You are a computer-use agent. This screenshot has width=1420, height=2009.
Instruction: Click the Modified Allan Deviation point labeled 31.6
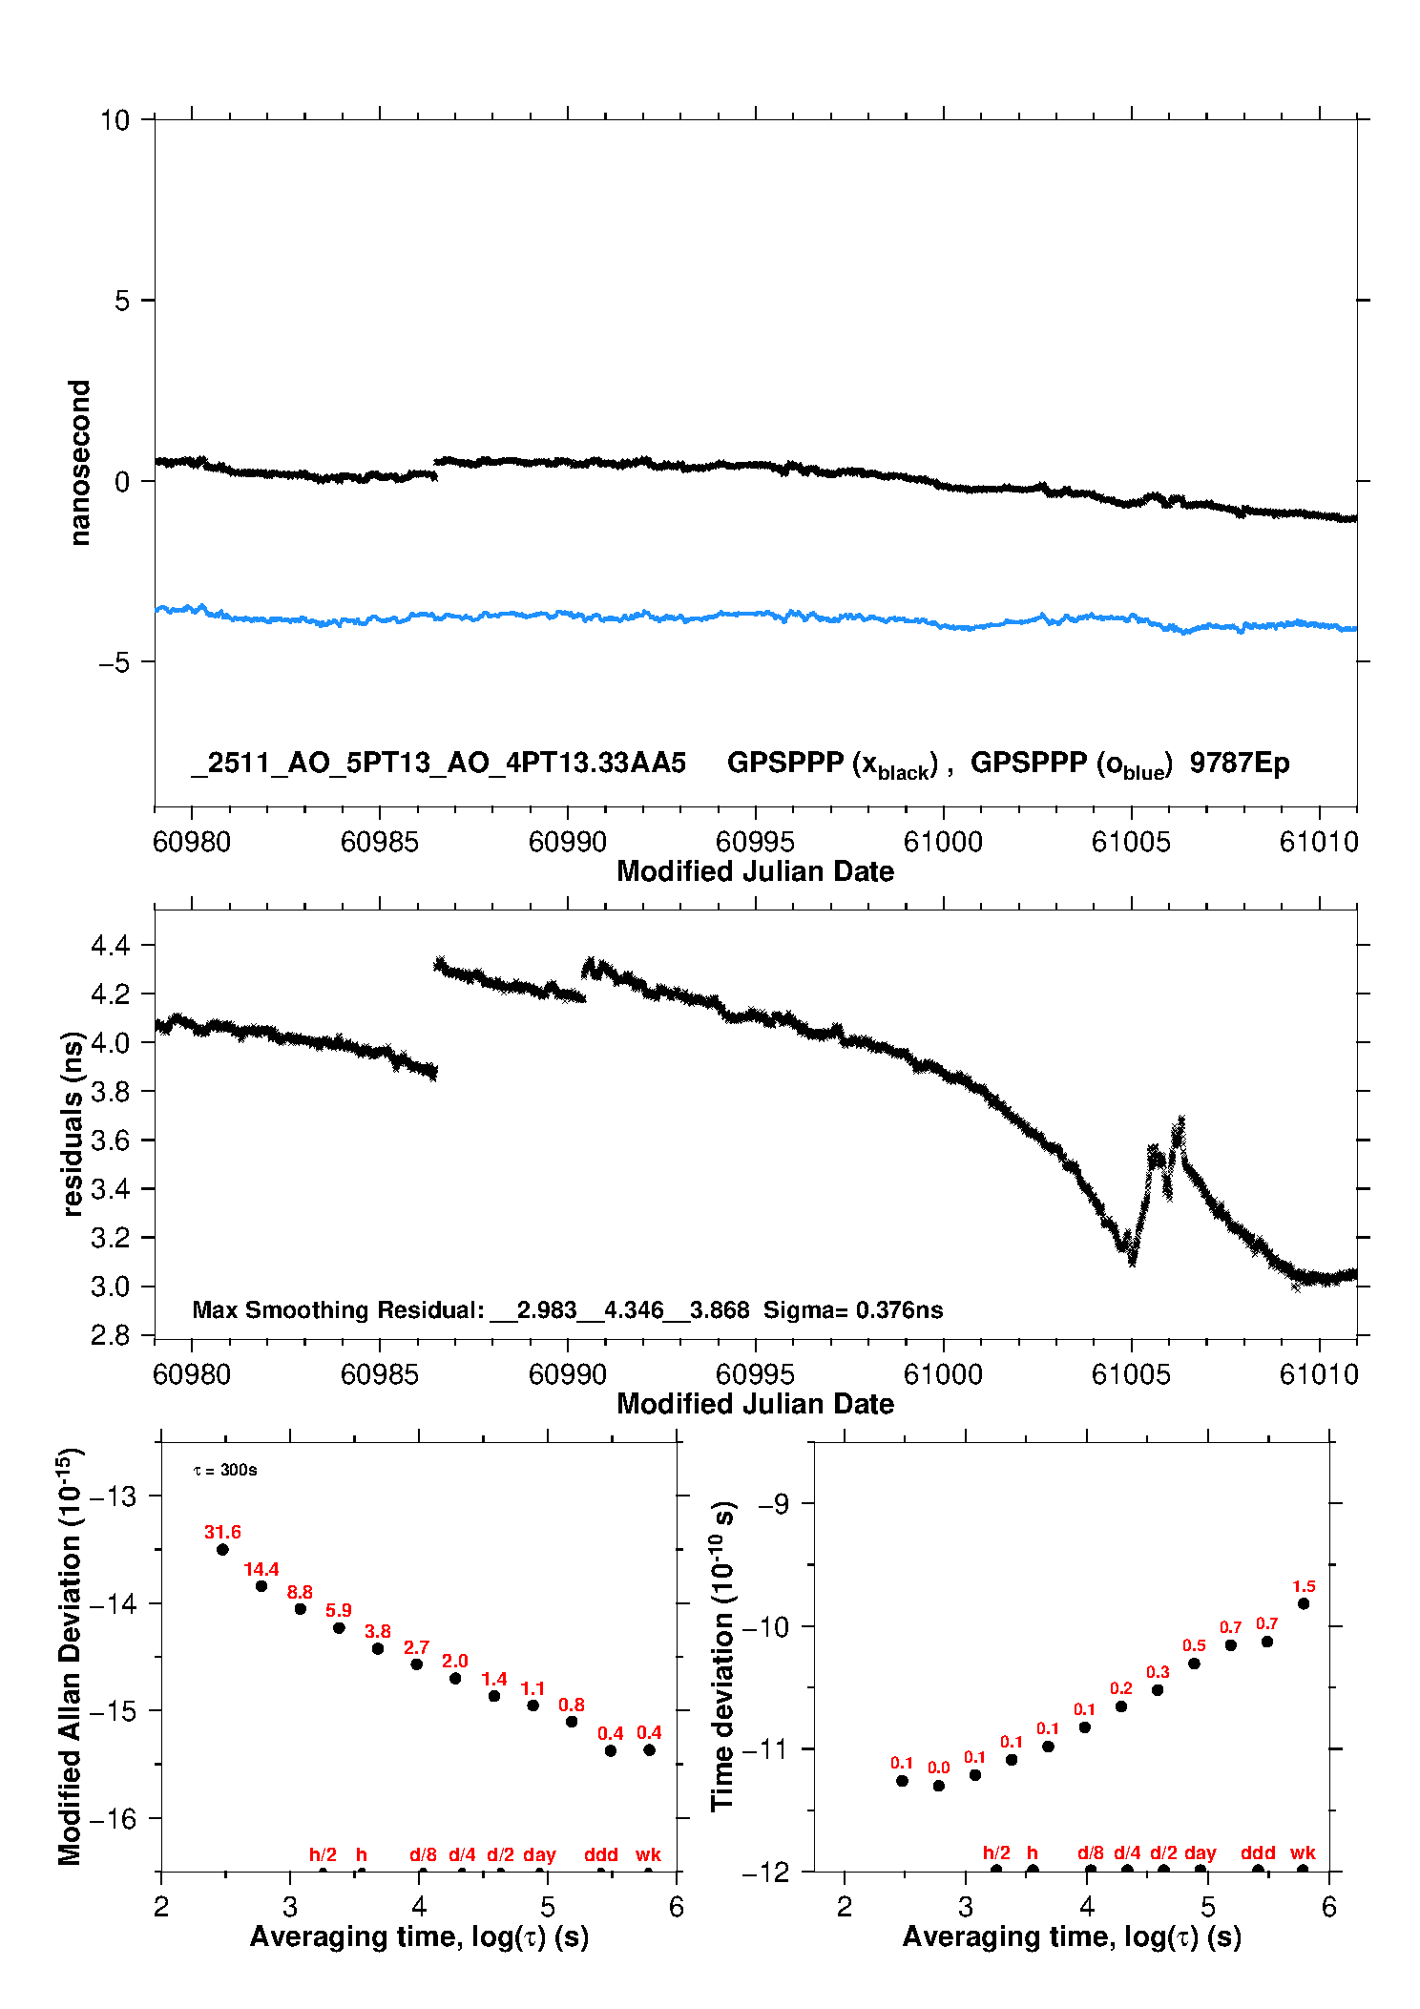(222, 1549)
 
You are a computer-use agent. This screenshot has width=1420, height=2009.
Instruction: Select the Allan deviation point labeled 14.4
(261, 1586)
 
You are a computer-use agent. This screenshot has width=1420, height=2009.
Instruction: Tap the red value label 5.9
(339, 1610)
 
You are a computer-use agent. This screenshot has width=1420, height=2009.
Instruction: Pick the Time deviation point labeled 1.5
(1304, 1603)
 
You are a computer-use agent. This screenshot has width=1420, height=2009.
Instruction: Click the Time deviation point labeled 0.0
(939, 1786)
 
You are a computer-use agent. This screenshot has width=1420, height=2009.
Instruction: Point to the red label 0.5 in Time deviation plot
(1194, 1645)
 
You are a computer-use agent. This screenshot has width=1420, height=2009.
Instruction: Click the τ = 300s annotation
(225, 1470)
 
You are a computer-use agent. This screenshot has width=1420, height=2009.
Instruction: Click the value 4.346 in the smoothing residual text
(634, 1310)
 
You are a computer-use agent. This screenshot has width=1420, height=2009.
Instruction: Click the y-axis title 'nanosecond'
(80, 463)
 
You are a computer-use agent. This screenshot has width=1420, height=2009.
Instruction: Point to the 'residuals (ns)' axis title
(73, 1123)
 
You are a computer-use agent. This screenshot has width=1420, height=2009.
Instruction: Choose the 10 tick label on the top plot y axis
(115, 120)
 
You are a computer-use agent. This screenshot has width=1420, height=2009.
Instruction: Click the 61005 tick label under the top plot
(1131, 842)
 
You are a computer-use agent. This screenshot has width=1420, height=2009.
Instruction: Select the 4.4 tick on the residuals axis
(110, 946)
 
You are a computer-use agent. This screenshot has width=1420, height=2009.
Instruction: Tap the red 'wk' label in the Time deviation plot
(1303, 1852)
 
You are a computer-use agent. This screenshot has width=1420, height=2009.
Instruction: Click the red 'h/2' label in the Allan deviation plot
(323, 1854)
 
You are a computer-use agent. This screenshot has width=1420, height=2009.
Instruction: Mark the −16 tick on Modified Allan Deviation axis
(113, 1818)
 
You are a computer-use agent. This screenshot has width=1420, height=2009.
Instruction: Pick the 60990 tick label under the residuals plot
(567, 1374)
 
